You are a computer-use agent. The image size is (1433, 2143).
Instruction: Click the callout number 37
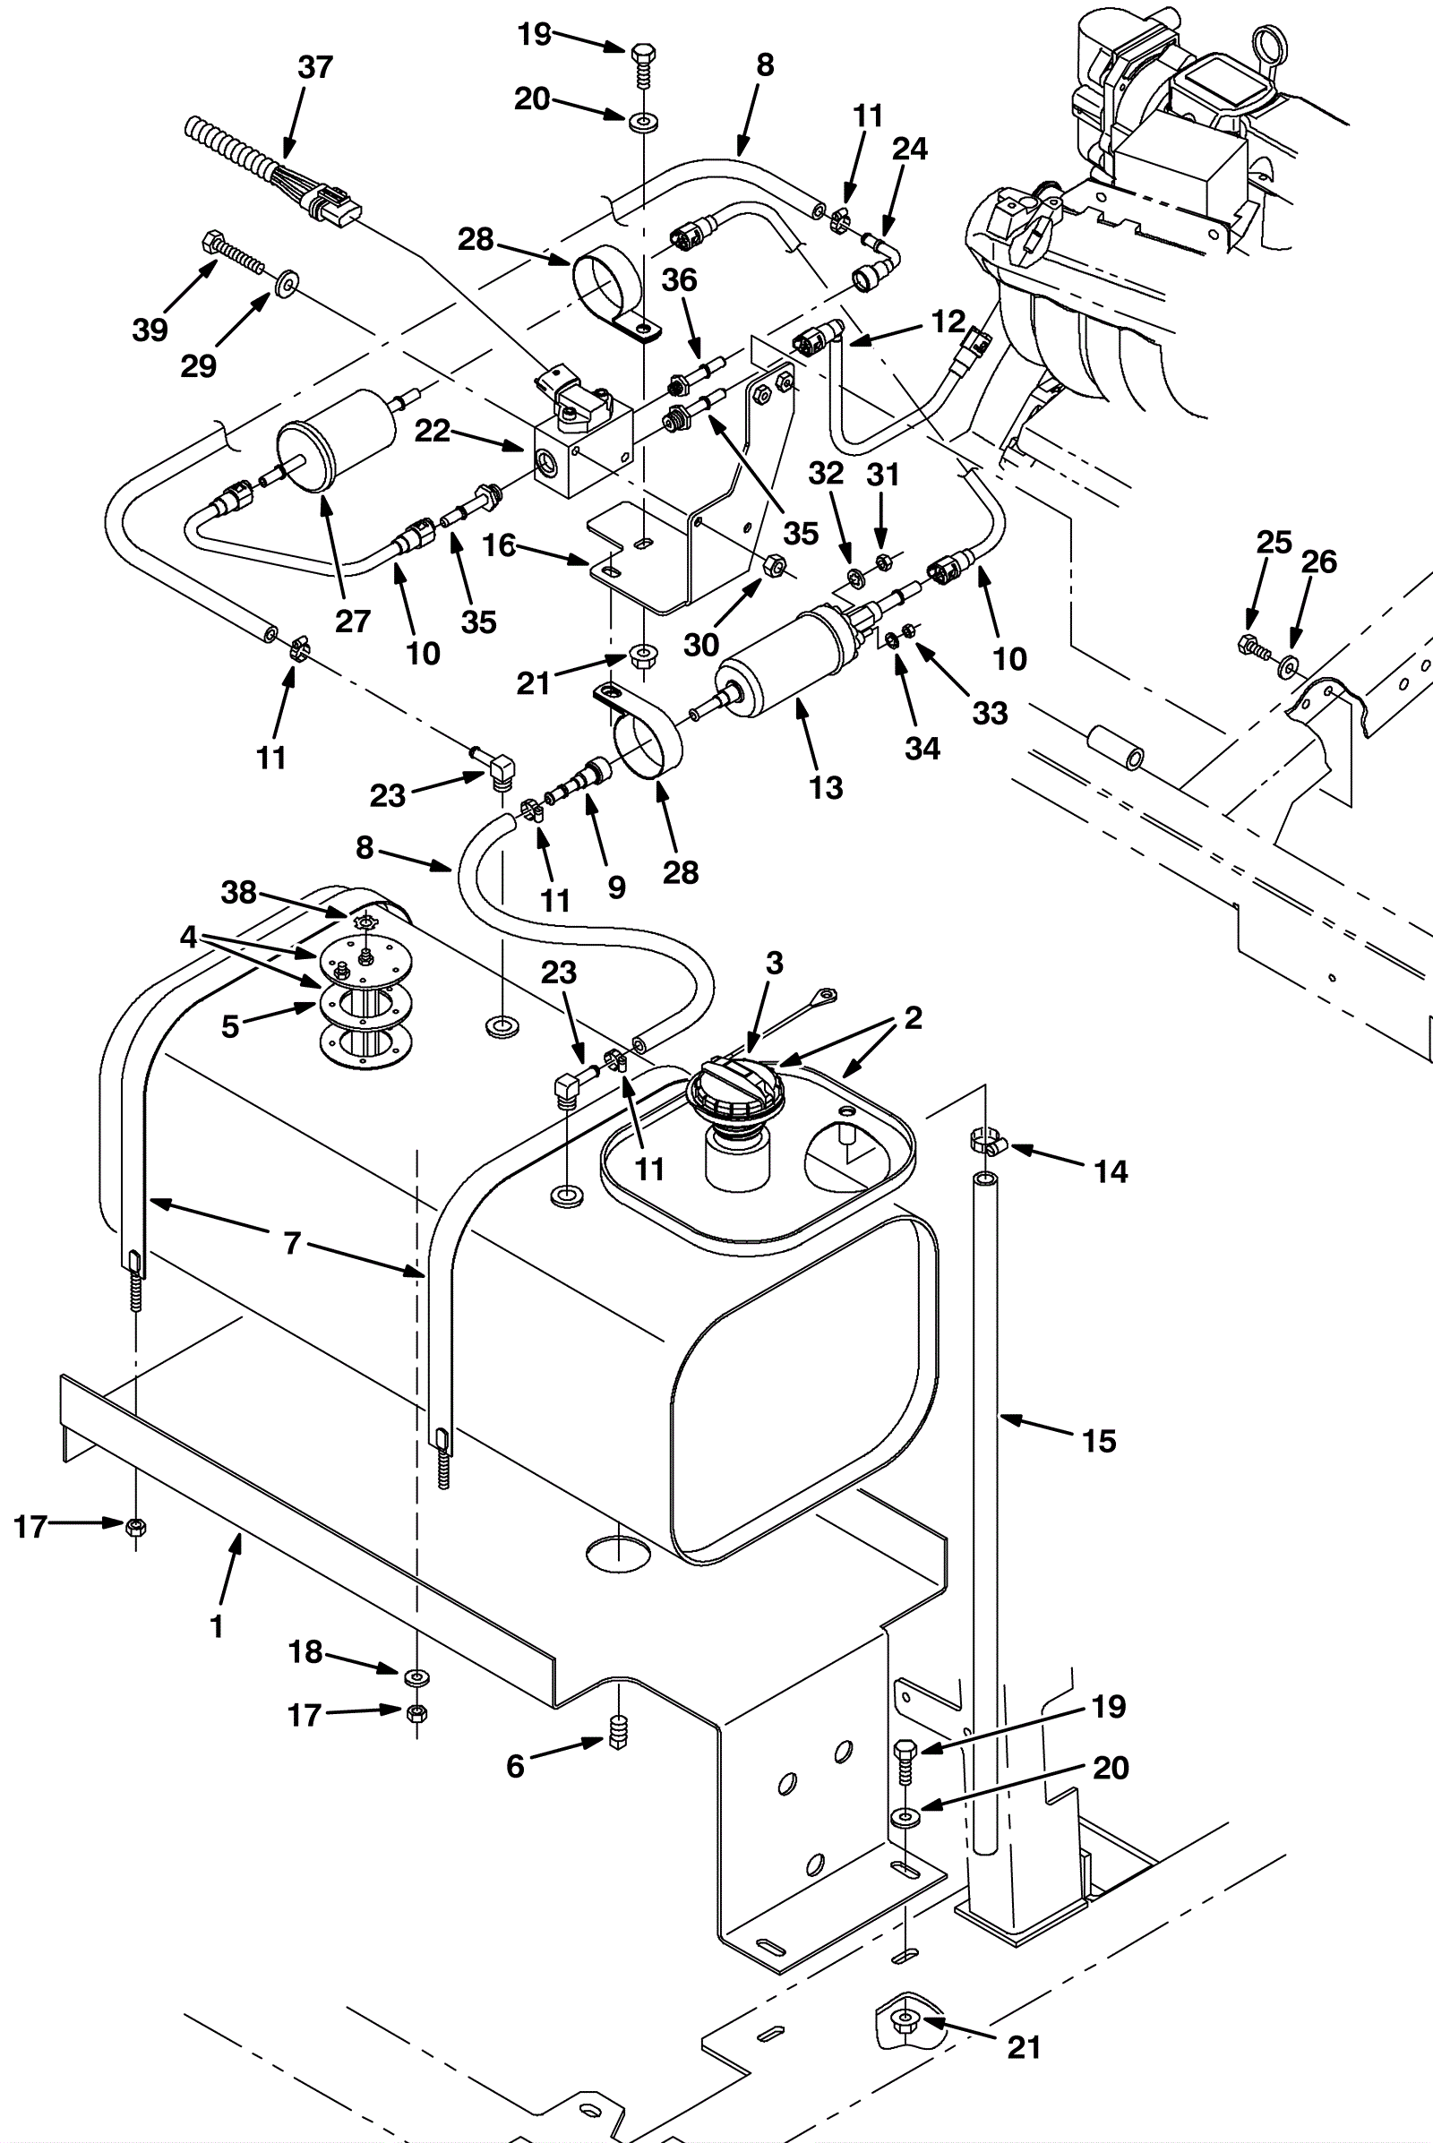tap(315, 66)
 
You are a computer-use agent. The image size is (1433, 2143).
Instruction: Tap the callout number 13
tap(826, 788)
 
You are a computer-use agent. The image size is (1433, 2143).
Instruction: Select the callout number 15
tap(1099, 1441)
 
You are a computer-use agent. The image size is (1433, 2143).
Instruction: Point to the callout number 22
tap(433, 431)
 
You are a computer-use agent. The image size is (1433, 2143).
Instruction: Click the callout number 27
tap(353, 621)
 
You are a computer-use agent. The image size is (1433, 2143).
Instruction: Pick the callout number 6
tap(516, 1766)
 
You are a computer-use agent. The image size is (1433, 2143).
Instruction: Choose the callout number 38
tap(238, 892)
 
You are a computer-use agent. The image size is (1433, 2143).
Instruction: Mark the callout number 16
tap(499, 545)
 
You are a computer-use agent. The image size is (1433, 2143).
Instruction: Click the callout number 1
tap(217, 1626)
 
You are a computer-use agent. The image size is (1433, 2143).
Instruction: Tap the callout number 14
tap(1111, 1170)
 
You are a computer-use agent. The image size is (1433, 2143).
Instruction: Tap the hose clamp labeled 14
tap(985, 1142)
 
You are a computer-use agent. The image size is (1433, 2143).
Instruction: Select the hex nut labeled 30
tap(772, 567)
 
